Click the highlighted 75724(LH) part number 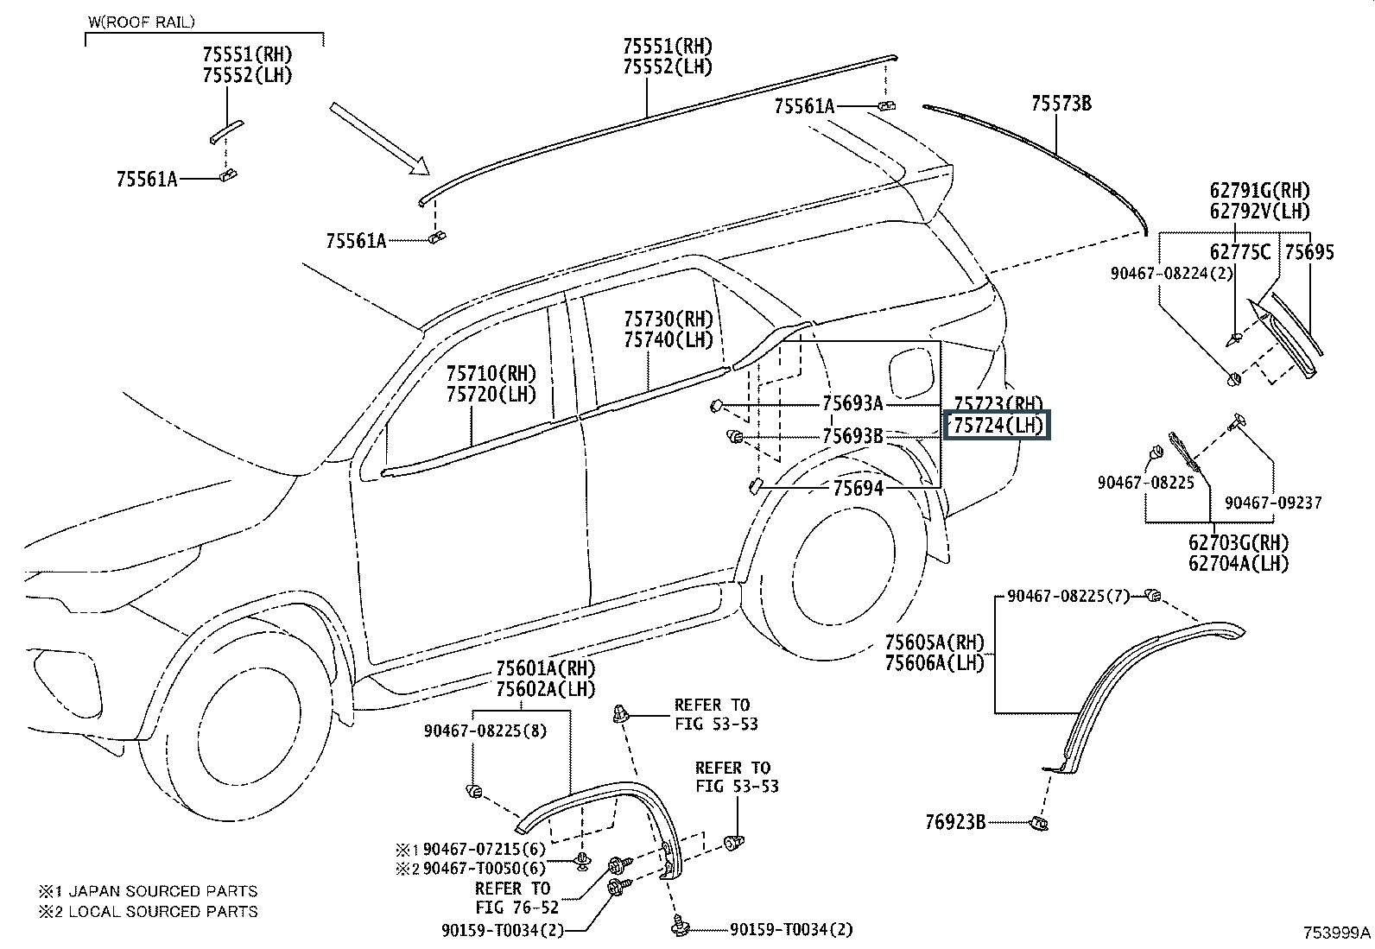[997, 425]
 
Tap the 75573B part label [1061, 104]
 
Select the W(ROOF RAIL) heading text [142, 22]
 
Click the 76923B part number [955, 822]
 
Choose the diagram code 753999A [1337, 933]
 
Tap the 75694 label [859, 488]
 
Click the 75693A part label [852, 403]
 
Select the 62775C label [1240, 251]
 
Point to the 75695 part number [1309, 251]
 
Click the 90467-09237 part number [1273, 503]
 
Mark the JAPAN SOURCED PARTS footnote [162, 890]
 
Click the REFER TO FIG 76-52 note [516, 897]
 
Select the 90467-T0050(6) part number [484, 868]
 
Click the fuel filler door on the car [911, 373]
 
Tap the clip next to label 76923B [1039, 823]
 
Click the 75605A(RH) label [935, 642]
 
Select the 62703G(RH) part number [1239, 542]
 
